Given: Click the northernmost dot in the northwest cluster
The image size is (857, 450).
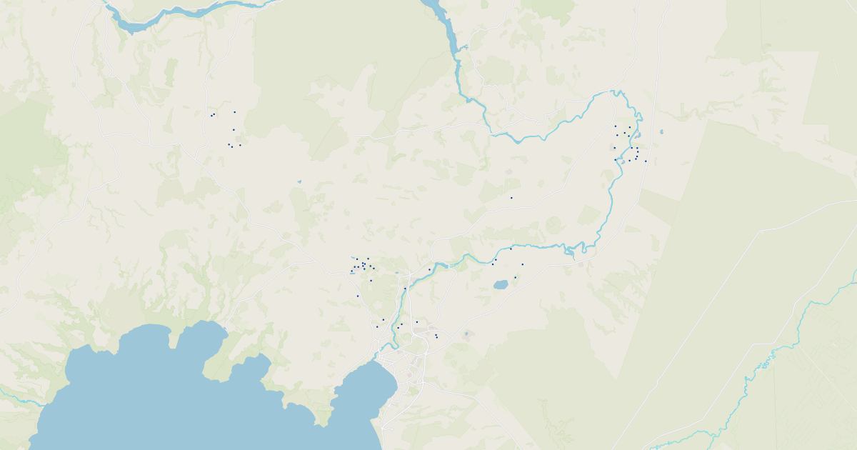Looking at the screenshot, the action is point(234,112).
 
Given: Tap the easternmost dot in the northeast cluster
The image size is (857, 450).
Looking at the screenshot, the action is point(646,161).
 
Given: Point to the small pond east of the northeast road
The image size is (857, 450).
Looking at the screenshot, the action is point(661,132).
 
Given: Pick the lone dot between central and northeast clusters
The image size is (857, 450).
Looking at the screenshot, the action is point(511,198).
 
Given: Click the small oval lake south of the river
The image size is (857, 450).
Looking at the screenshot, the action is point(501,284).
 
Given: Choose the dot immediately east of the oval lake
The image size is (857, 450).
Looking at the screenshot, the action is point(515,278).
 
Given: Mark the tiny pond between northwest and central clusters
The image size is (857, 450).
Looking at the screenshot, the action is point(299,181).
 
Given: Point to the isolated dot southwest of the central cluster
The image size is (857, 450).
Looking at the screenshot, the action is point(358,296).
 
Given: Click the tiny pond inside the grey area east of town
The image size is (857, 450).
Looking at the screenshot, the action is point(466,333).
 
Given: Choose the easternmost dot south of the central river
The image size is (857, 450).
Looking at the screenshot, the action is point(522,264).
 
